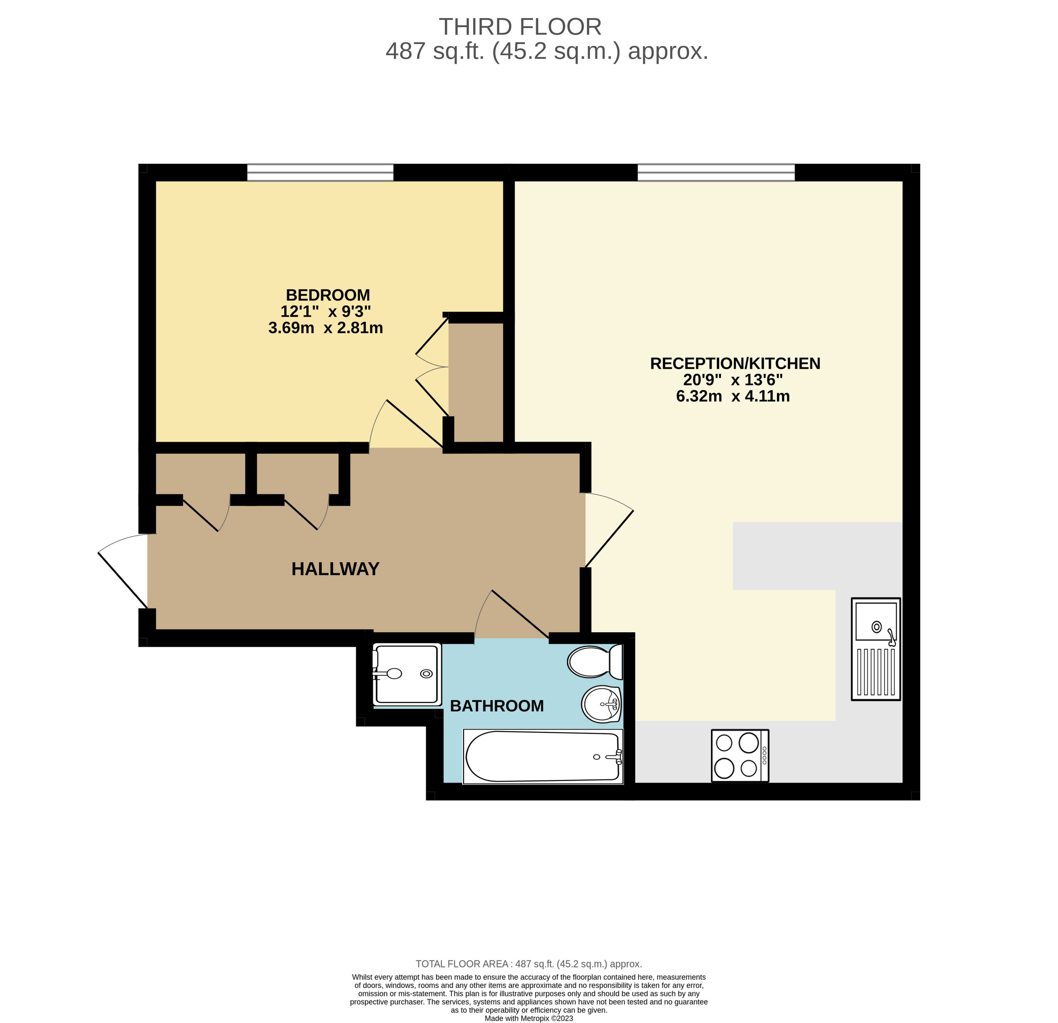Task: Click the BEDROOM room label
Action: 328,295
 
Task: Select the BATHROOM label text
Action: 497,706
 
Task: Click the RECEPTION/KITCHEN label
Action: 735,364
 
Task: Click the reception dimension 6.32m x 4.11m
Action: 732,396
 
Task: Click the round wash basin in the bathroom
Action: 601,704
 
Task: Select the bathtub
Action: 542,756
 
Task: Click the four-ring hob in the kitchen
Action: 739,756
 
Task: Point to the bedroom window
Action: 320,173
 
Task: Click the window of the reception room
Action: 716,173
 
